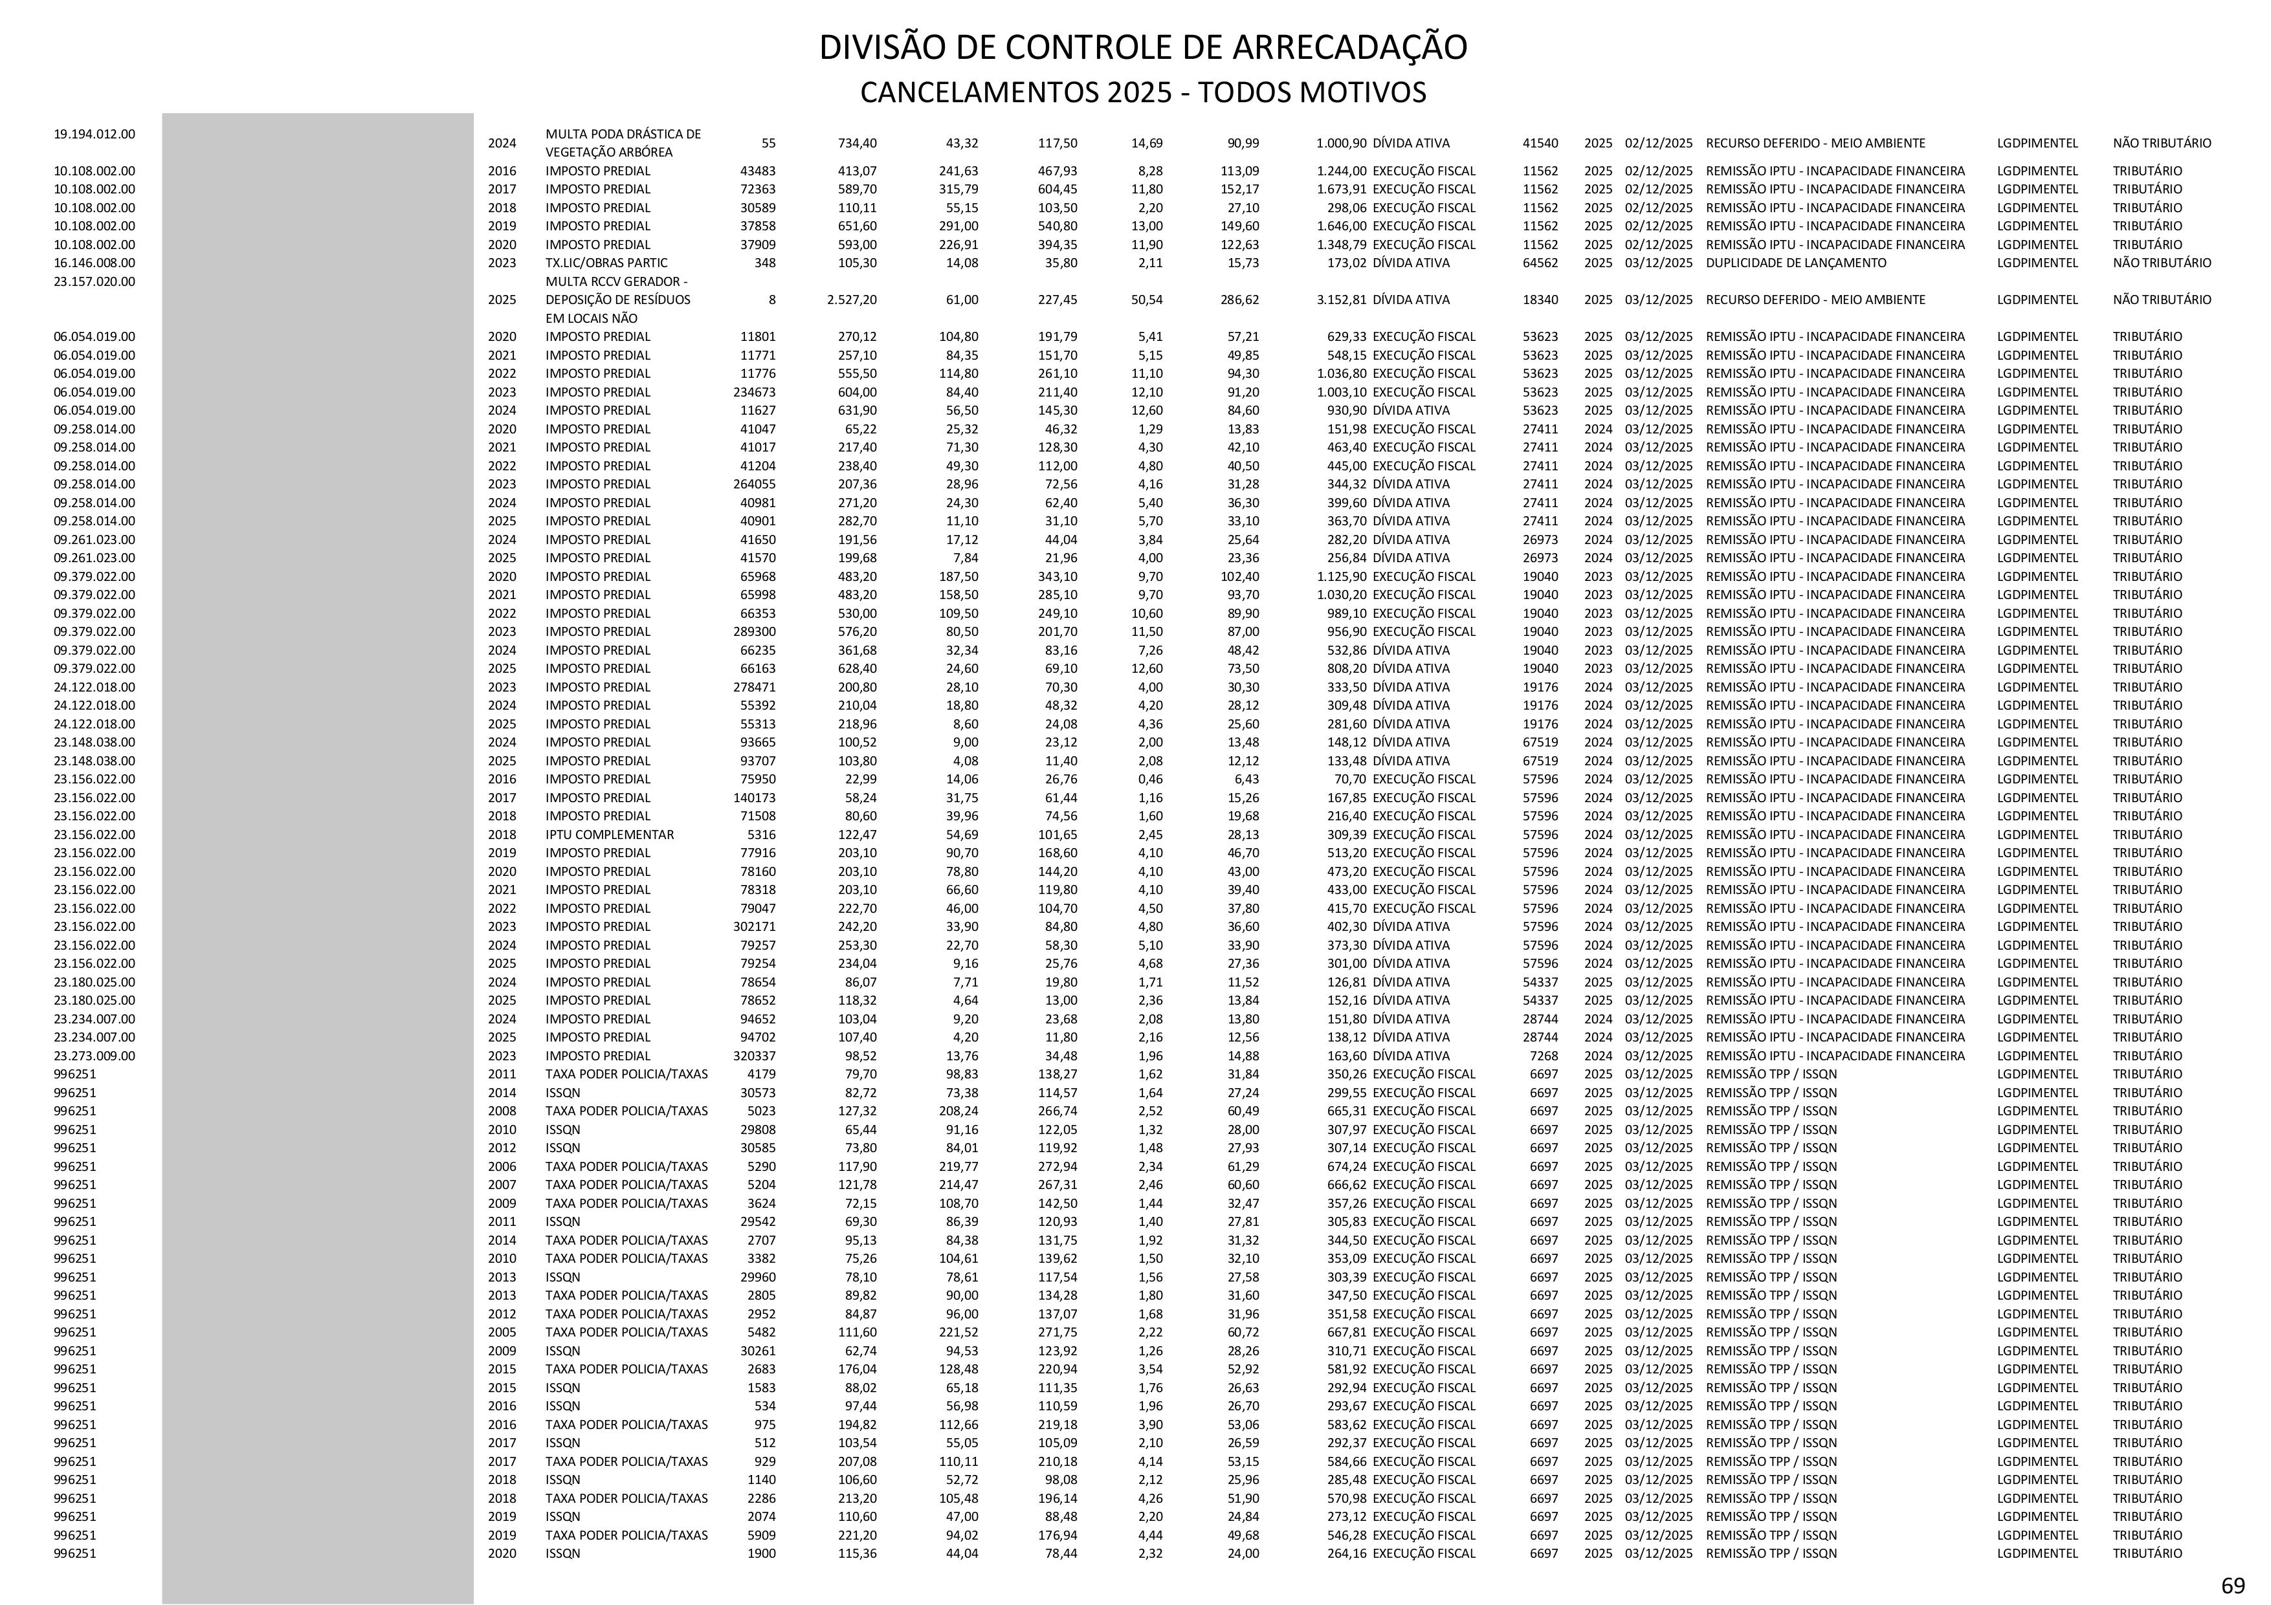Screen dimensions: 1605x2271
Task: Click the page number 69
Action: tap(2232, 1586)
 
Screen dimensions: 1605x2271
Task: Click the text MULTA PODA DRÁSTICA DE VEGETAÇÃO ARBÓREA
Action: tap(623, 142)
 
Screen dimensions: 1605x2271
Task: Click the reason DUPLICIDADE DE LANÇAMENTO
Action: tap(1795, 263)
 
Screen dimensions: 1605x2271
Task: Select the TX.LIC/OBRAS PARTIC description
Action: tap(606, 263)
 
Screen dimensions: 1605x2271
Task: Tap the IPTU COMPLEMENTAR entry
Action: tap(609, 835)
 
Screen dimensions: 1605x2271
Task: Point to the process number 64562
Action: tap(1540, 263)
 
